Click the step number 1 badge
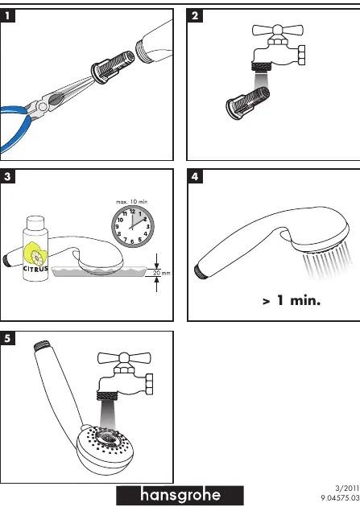coord(7,15)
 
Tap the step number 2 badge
coord(195,15)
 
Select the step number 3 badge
coord(7,176)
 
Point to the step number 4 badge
coord(195,176)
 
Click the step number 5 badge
coord(7,338)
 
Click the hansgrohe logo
coord(180,495)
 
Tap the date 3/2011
coord(347,488)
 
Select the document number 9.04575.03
coord(341,497)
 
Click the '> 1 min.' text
coord(292,301)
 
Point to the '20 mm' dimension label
coord(161,273)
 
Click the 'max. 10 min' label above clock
coord(131,202)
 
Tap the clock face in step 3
coord(133,226)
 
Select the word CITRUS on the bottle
coord(35,268)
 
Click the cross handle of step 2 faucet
coord(278,31)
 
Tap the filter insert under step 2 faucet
coord(248,103)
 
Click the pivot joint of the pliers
coord(43,106)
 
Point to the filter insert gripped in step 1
coord(113,67)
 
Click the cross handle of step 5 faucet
coord(124,358)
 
